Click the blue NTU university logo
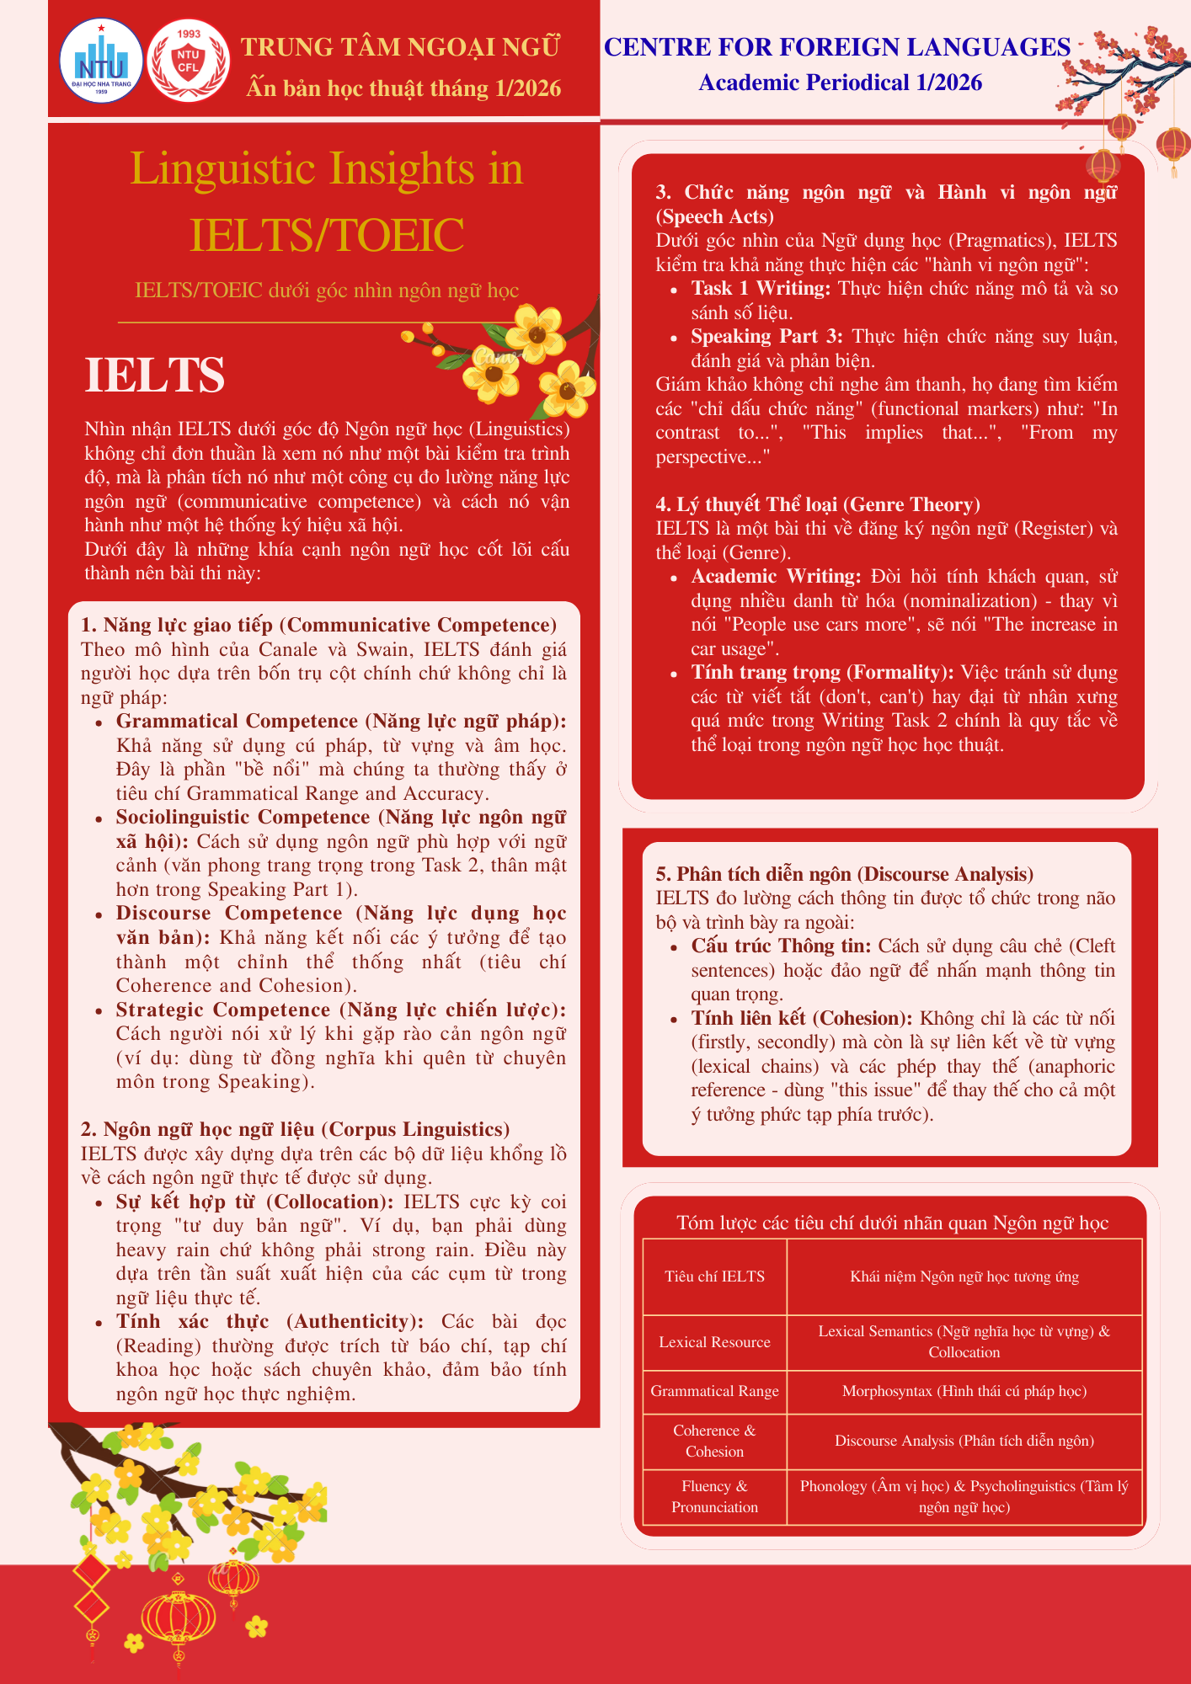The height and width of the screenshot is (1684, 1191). point(101,61)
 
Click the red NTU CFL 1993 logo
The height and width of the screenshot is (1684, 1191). point(188,61)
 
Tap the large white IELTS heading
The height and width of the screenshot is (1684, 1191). point(155,376)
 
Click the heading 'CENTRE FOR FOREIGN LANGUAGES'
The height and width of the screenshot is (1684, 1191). point(837,47)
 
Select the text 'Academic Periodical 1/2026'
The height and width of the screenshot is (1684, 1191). point(840,83)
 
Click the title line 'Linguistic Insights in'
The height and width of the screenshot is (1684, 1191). point(326,168)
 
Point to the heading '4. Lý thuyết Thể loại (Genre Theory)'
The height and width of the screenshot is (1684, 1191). point(818,504)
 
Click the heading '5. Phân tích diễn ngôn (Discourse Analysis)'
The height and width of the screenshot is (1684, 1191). point(844,874)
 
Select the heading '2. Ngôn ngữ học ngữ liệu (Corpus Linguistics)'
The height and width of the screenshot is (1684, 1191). point(295,1129)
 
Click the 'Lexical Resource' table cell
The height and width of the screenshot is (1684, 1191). point(714,1342)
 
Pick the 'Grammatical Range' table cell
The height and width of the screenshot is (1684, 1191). point(714,1391)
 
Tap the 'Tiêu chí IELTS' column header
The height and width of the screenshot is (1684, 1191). point(714,1276)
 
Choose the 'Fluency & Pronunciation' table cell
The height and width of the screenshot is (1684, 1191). point(714,1496)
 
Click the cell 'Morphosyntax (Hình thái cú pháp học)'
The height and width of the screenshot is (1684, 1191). point(964,1391)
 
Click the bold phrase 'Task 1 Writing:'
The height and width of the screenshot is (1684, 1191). point(761,289)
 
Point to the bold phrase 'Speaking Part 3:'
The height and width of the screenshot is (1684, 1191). point(766,337)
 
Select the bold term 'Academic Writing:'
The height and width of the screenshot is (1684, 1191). point(776,577)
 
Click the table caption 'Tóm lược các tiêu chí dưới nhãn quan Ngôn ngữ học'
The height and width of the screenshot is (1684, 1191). point(892,1223)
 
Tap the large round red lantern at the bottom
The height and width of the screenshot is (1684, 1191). point(179,1621)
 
